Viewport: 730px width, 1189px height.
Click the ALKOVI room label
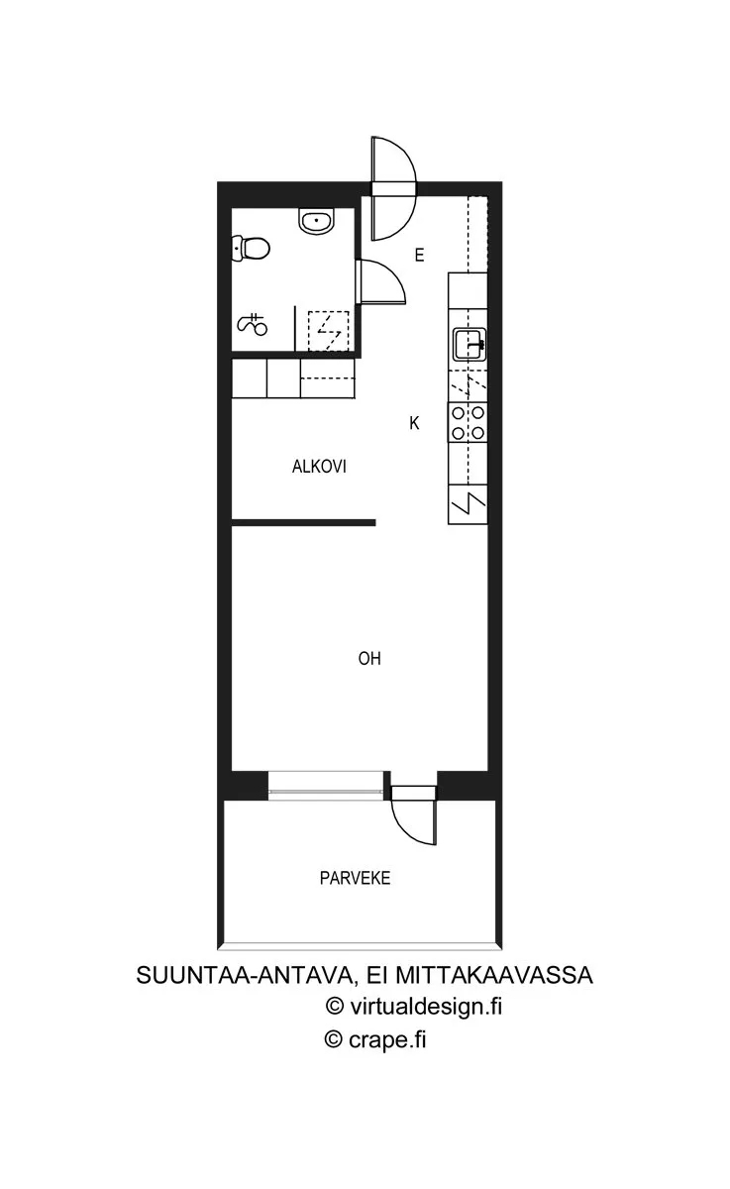(x=319, y=467)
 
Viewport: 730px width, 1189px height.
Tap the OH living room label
(x=369, y=659)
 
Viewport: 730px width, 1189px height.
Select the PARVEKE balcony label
(x=355, y=878)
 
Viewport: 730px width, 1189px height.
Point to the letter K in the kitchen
(x=414, y=423)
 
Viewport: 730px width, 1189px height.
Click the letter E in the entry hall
(x=419, y=256)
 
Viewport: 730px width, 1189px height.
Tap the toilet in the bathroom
(x=251, y=249)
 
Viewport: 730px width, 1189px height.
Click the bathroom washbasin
(x=317, y=221)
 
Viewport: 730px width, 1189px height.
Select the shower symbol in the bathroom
(x=252, y=324)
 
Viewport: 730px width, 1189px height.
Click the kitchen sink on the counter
(x=469, y=345)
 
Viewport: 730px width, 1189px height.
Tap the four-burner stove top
(x=468, y=423)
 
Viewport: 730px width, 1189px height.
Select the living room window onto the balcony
(x=326, y=786)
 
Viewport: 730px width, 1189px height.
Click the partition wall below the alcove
(x=304, y=523)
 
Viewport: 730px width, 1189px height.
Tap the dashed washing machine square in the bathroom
(x=329, y=330)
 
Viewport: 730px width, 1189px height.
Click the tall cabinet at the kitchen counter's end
(x=468, y=504)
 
